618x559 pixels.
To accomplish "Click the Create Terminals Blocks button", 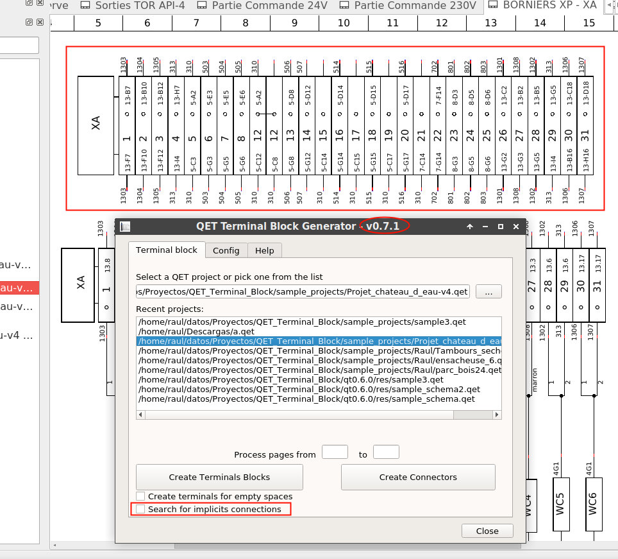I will coord(219,477).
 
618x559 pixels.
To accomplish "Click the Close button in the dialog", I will coord(487,531).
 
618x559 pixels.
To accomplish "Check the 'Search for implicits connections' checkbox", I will coord(140,510).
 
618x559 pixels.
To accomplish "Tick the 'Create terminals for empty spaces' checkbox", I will coord(140,496).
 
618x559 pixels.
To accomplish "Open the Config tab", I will coord(226,250).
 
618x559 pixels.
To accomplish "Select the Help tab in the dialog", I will coord(264,250).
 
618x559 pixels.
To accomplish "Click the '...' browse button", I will coord(489,292).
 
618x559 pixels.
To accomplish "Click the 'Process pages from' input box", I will coord(335,452).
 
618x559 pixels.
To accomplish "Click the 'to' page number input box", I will coord(386,452).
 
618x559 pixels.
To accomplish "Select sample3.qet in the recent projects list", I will coord(301,322).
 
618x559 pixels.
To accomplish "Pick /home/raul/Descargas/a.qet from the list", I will coord(196,332).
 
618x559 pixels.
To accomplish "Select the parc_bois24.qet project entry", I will coord(319,370).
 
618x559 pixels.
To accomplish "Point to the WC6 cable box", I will coord(593,504).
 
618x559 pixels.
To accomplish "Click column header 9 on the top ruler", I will coord(294,23).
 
